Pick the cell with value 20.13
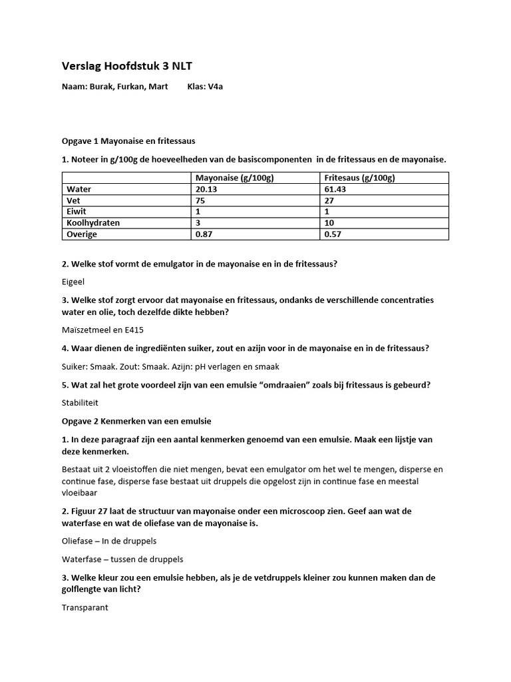(x=208, y=189)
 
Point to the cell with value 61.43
(x=336, y=189)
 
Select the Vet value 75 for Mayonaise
(x=201, y=200)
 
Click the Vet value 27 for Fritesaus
(x=329, y=200)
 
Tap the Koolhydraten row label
(x=93, y=223)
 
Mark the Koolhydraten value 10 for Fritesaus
(x=329, y=223)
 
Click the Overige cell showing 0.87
(x=204, y=234)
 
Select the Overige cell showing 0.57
(x=333, y=234)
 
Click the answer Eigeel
(x=73, y=282)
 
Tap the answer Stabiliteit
(x=81, y=403)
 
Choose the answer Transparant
(x=85, y=607)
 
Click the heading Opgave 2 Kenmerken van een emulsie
(x=136, y=421)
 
